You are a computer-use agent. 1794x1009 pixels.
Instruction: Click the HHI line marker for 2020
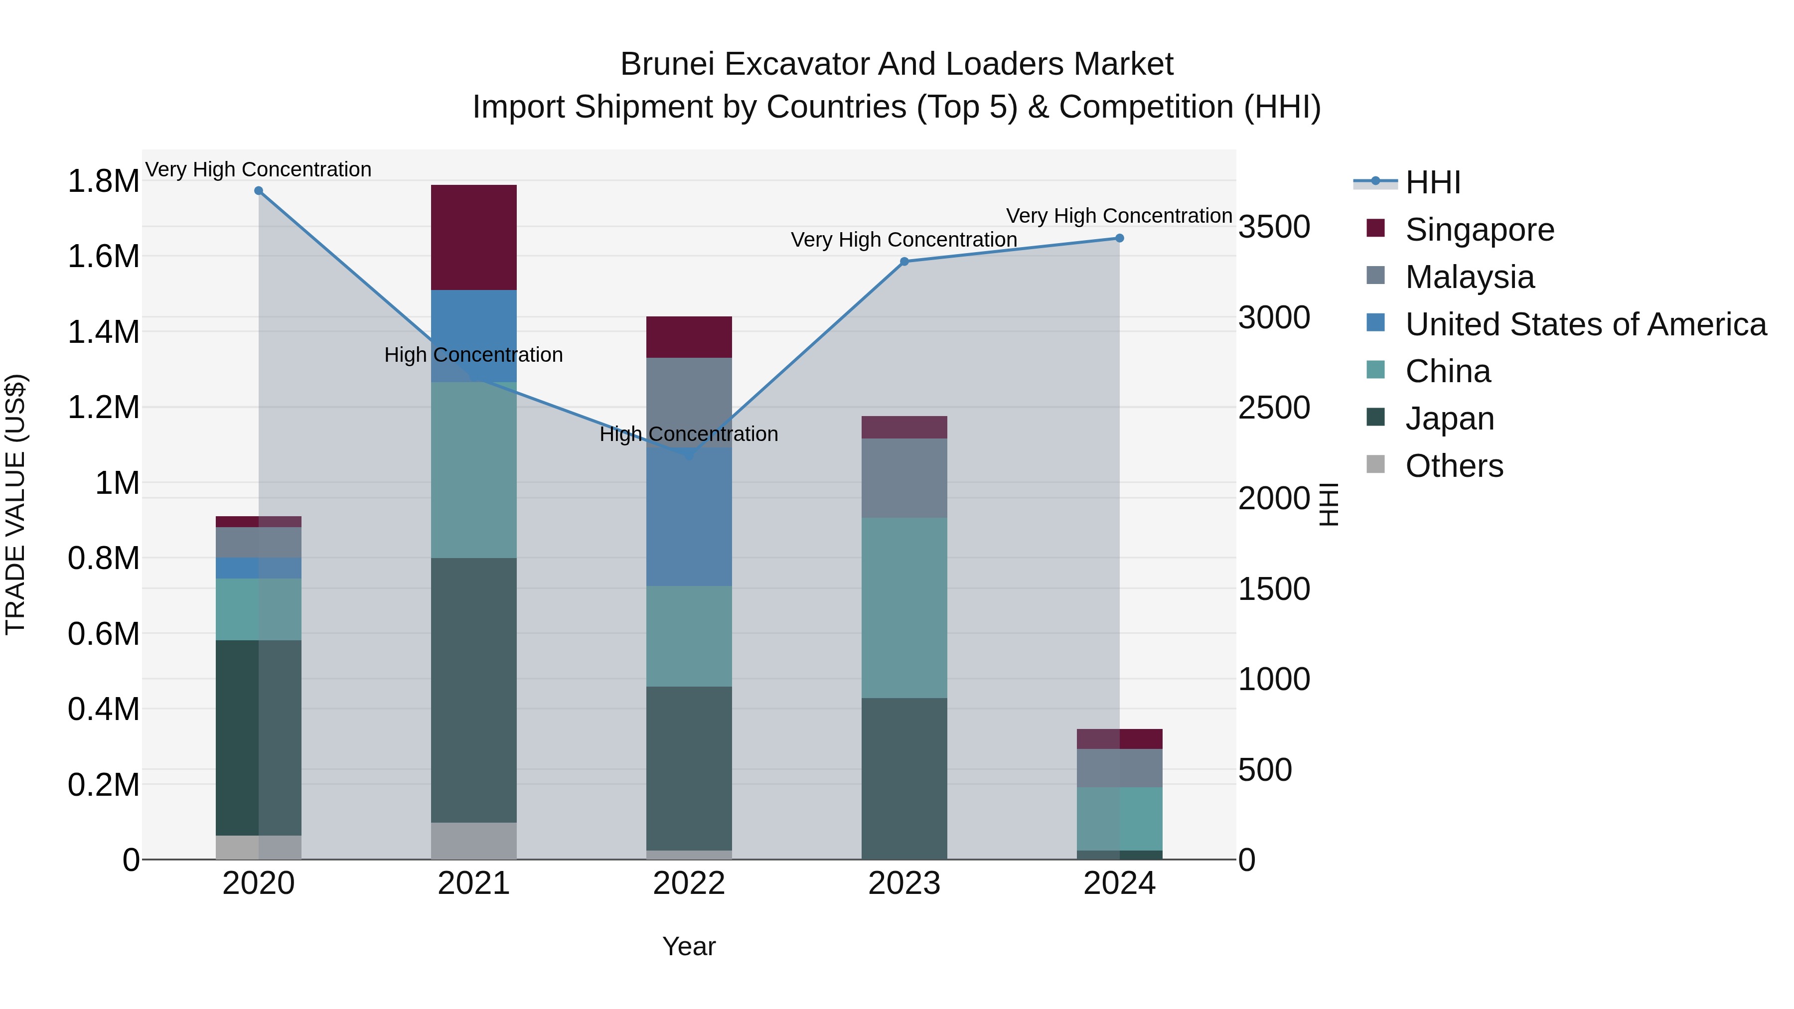pyautogui.click(x=258, y=191)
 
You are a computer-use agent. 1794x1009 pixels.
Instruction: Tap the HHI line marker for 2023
pyautogui.click(x=904, y=262)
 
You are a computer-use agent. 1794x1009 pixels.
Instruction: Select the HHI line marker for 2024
pyautogui.click(x=1119, y=238)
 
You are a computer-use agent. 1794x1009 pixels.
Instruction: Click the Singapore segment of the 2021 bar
pyautogui.click(x=473, y=237)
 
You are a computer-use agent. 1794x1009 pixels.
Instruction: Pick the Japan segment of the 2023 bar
pyautogui.click(x=904, y=778)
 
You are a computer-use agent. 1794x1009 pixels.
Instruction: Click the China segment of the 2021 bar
pyautogui.click(x=473, y=470)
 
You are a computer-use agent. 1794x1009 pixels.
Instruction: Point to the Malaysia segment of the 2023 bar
pyautogui.click(x=904, y=478)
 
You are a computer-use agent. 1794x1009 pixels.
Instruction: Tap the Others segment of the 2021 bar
pyautogui.click(x=473, y=841)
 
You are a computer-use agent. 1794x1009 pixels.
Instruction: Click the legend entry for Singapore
pyautogui.click(x=1479, y=230)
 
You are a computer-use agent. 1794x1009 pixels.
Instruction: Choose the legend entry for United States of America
pyautogui.click(x=1585, y=324)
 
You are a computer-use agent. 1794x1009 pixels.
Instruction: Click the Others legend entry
pyautogui.click(x=1454, y=466)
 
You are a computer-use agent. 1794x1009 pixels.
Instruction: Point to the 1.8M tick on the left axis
pyautogui.click(x=103, y=181)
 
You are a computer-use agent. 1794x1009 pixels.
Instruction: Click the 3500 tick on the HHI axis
pyautogui.click(x=1274, y=227)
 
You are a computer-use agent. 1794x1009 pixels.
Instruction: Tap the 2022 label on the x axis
pyautogui.click(x=689, y=883)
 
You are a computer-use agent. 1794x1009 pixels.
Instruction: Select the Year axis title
pyautogui.click(x=689, y=946)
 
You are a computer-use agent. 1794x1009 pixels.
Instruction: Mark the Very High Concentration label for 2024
pyautogui.click(x=1119, y=216)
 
